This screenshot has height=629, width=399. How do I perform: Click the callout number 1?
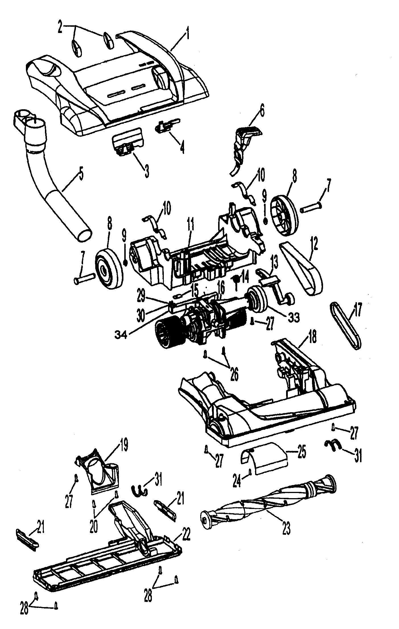[187, 35]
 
